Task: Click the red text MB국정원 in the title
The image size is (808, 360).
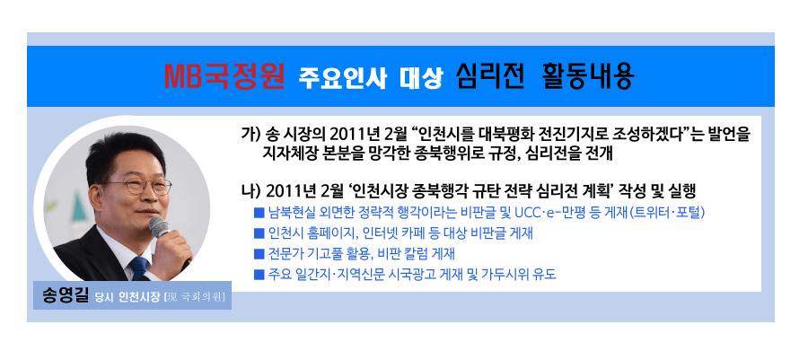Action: pos(224,76)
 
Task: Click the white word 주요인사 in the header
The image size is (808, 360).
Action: pos(343,78)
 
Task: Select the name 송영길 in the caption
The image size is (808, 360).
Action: pos(66,296)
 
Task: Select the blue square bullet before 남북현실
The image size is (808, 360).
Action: pos(259,212)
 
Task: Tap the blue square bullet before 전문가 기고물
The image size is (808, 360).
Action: pos(259,254)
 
